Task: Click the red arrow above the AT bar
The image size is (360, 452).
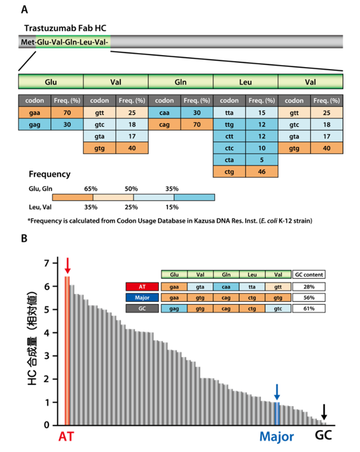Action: click(67, 265)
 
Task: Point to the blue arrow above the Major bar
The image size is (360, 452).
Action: click(277, 392)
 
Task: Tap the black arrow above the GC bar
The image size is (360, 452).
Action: click(324, 412)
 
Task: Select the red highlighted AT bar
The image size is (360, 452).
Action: click(67, 350)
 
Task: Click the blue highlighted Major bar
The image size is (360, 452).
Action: click(277, 414)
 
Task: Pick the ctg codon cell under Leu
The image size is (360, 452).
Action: click(229, 172)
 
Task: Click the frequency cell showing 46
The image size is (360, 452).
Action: click(262, 172)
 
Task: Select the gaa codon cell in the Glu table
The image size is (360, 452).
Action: click(35, 113)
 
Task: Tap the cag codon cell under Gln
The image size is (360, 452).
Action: click(165, 125)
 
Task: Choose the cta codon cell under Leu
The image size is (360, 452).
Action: click(229, 160)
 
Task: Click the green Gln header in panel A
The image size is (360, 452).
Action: click(181, 82)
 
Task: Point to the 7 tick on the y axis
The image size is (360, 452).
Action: click(46, 263)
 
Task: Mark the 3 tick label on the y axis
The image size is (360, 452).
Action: click(46, 356)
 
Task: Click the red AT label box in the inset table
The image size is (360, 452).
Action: click(142, 287)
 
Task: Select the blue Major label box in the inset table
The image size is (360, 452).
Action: click(142, 297)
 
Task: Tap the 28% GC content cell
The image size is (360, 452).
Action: click(309, 287)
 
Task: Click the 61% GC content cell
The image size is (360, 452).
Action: click(309, 309)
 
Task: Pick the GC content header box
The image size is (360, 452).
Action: click(309, 274)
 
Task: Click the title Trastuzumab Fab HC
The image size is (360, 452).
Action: click(65, 28)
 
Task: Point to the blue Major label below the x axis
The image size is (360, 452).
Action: click(276, 437)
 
